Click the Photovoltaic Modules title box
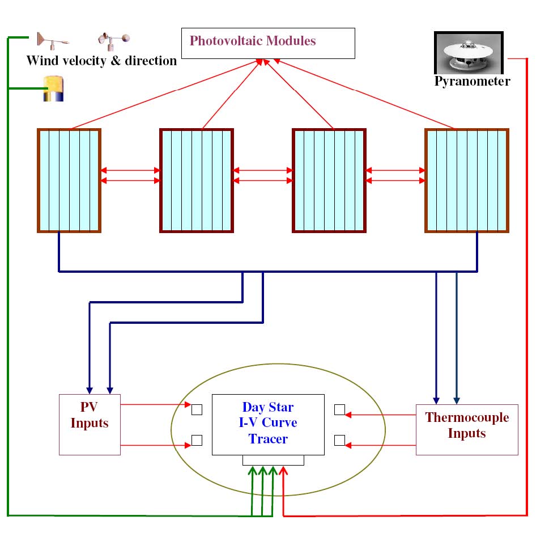267,43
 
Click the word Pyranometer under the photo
472,81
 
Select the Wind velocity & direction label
102,61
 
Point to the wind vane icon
52,40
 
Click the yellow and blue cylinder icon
54,89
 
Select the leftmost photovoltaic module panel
69,180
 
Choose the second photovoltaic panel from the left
197,180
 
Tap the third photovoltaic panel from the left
329,180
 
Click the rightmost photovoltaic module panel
467,180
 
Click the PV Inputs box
90,424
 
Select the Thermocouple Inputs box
467,429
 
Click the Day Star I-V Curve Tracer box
268,424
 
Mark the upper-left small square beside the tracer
197,409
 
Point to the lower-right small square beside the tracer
339,440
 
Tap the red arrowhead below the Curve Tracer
283,471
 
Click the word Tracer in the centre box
269,439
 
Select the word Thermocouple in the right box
467,418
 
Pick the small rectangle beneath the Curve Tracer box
273,460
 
